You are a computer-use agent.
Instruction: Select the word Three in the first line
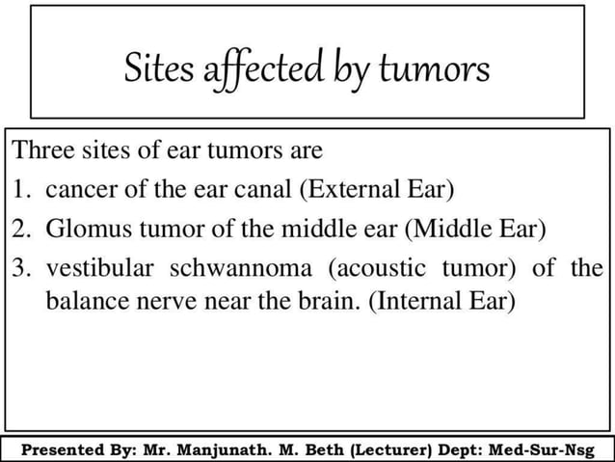(x=40, y=152)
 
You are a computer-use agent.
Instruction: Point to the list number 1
(x=21, y=190)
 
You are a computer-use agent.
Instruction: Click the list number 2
(x=21, y=229)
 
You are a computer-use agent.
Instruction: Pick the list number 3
(x=21, y=267)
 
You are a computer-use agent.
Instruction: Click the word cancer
(x=74, y=190)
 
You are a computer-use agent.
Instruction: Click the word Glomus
(x=82, y=229)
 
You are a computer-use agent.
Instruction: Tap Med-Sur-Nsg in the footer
(x=541, y=449)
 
